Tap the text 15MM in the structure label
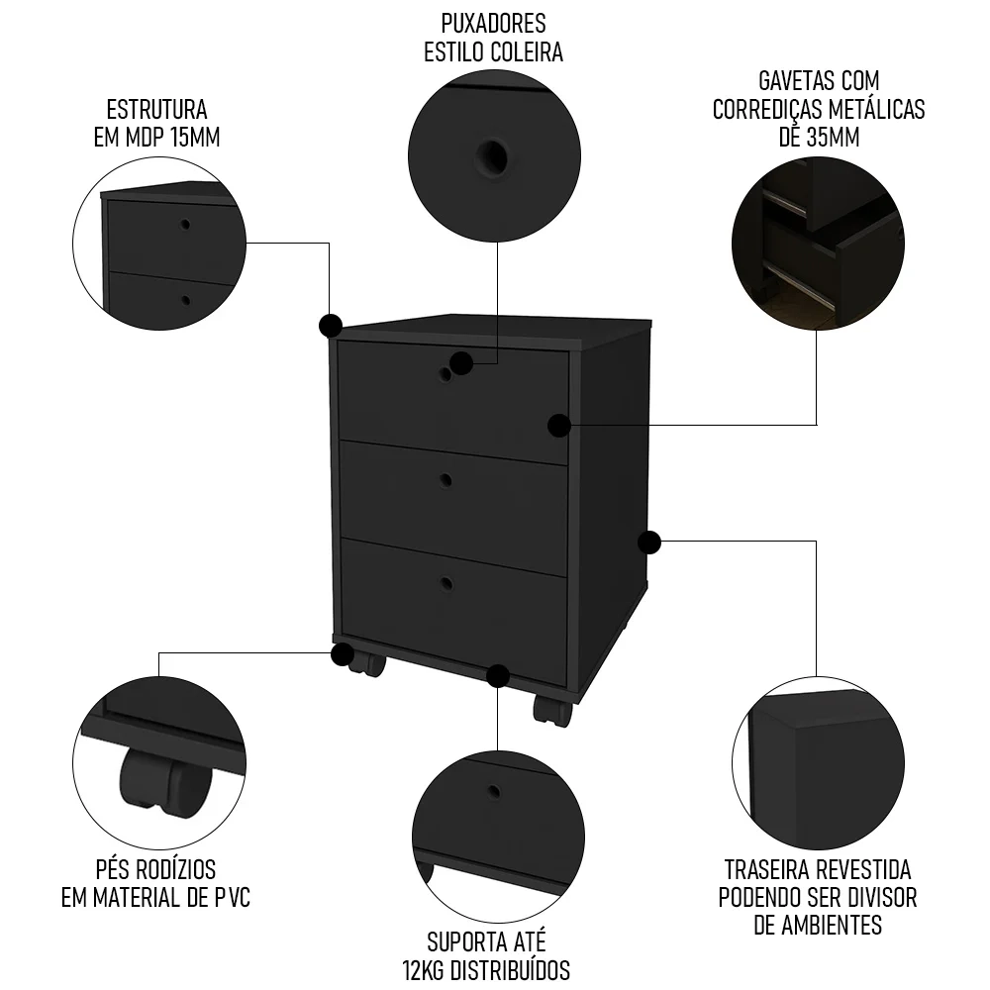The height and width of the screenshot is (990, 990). (194, 137)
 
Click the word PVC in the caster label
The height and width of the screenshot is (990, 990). (232, 898)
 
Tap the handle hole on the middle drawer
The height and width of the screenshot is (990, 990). (445, 480)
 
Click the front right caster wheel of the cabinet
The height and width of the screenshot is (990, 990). (550, 710)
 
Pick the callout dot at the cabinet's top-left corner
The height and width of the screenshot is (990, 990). (330, 325)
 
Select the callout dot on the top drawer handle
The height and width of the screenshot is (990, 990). (460, 363)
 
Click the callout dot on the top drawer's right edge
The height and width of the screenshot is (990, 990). (559, 426)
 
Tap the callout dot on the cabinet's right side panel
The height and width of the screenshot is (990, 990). (649, 542)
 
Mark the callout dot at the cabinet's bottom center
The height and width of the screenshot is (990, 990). (498, 676)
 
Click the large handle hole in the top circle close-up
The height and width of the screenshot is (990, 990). (491, 155)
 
